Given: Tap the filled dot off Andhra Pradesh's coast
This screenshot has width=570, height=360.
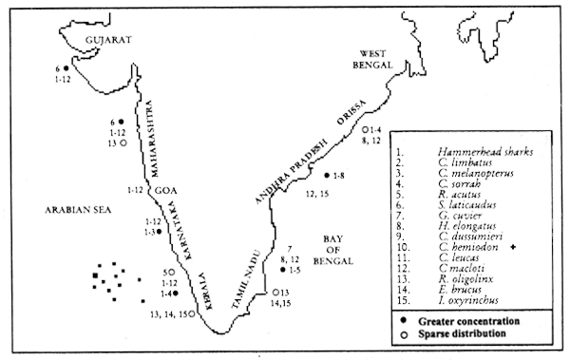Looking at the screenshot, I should click(x=326, y=176).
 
